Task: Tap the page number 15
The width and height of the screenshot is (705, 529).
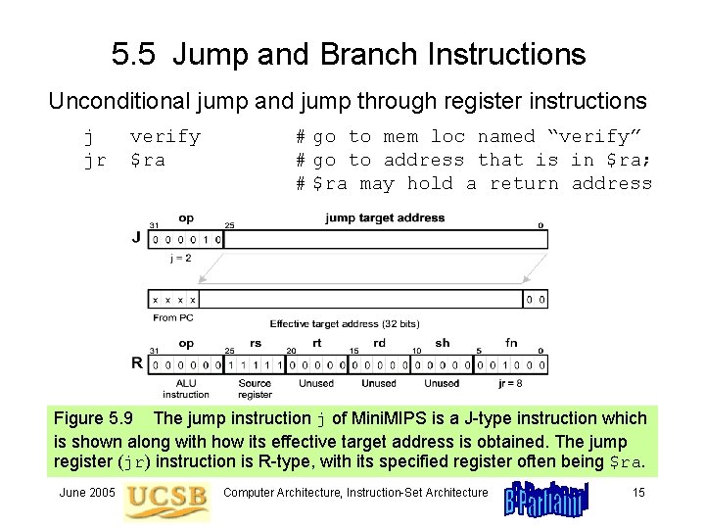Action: pos(638,492)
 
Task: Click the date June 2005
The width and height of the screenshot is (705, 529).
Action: pos(88,492)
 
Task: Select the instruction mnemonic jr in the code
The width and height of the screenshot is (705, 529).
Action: pos(94,160)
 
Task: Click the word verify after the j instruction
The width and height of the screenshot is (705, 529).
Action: pos(164,136)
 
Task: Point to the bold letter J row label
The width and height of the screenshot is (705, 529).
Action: pos(136,237)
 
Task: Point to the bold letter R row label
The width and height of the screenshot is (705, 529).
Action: pos(136,362)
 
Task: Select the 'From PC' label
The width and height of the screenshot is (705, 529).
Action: pos(172,316)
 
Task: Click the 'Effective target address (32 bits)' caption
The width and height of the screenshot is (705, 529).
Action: pos(344,323)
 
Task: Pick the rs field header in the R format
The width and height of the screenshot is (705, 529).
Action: pos(256,344)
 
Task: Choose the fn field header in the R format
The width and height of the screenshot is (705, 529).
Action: pos(511,344)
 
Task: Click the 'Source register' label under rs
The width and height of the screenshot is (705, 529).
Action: pos(255,389)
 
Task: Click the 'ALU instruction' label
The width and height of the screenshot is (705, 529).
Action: pos(186,389)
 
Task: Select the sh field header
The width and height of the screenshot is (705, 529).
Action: pos(443,344)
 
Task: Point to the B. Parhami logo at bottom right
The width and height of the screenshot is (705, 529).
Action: pos(545,498)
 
